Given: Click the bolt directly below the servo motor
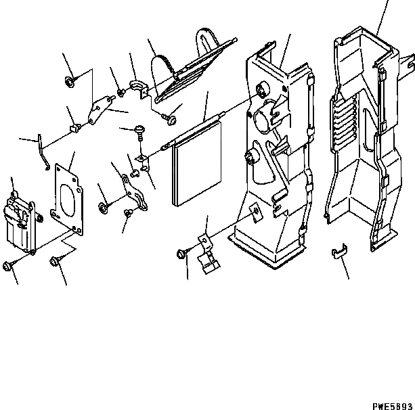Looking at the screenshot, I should (9, 265).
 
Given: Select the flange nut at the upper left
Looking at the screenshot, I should (70, 83).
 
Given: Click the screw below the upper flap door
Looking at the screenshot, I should (169, 120).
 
